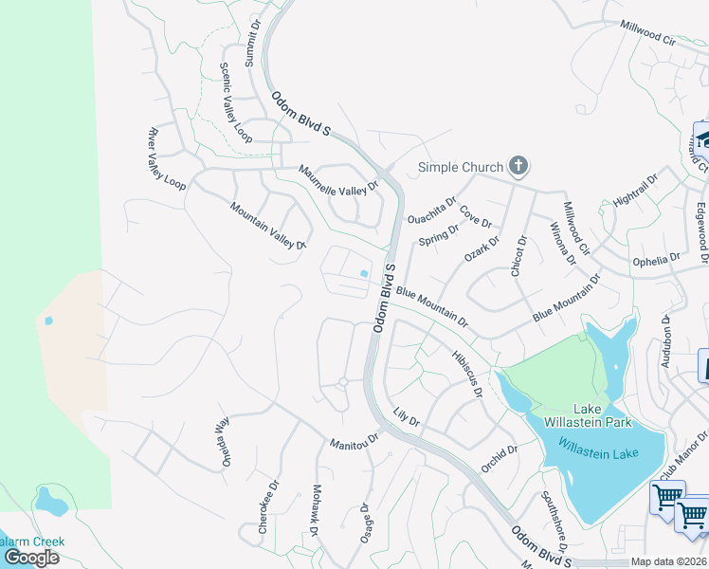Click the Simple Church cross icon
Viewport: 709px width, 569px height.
[x=518, y=167]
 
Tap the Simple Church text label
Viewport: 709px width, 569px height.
[x=461, y=168]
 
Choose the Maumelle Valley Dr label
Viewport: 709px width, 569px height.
[x=338, y=179]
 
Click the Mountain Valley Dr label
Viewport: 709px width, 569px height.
[x=268, y=225]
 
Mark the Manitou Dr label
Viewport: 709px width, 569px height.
[x=354, y=441]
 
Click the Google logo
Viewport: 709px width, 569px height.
[x=31, y=558]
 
